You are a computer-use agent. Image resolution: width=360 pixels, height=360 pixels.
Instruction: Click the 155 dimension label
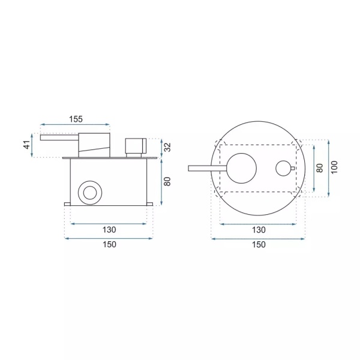pos(76,119)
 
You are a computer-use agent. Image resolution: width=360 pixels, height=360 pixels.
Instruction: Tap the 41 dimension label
pos(28,145)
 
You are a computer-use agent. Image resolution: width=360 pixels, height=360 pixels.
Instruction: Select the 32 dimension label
pos(168,147)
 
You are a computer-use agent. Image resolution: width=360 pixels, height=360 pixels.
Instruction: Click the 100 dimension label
pos(335,167)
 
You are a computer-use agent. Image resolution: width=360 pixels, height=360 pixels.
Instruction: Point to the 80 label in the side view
pos(168,181)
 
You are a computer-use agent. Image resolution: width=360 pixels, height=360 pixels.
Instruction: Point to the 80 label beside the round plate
pos(320,168)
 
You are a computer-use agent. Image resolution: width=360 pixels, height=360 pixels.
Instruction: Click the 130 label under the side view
pos(109,230)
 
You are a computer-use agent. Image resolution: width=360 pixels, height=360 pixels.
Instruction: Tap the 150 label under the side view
pos(109,244)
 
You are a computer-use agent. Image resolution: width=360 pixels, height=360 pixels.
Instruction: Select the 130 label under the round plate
pos(259,230)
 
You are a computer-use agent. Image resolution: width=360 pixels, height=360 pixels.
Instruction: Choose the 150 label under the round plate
pos(259,245)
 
